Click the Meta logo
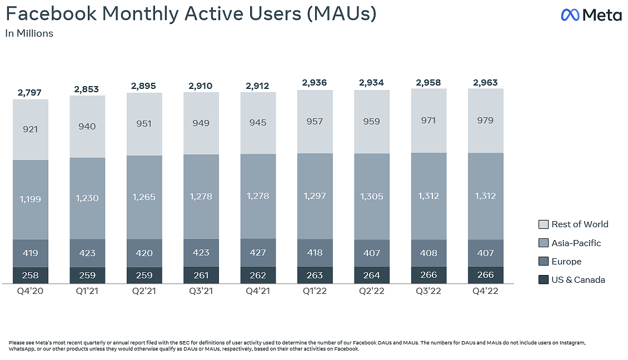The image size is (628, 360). [591, 15]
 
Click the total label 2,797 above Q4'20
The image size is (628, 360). [30, 92]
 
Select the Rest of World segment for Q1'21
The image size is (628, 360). [87, 126]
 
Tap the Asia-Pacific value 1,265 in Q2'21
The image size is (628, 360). [144, 197]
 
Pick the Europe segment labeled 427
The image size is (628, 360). [258, 253]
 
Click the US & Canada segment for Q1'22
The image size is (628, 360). [315, 275]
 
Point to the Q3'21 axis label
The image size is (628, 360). [201, 292]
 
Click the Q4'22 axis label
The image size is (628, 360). [485, 292]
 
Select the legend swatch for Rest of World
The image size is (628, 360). [544, 224]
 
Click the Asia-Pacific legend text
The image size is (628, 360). [576, 243]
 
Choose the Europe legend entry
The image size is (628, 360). [566, 261]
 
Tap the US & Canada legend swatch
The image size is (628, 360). [544, 280]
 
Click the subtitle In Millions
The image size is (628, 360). [29, 33]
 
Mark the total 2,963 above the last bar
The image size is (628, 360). [485, 83]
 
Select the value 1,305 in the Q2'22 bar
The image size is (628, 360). [371, 196]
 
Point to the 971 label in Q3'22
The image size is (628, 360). [428, 121]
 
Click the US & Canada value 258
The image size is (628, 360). [30, 275]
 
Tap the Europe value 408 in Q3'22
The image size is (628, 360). [428, 253]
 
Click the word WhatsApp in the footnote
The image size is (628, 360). [21, 349]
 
